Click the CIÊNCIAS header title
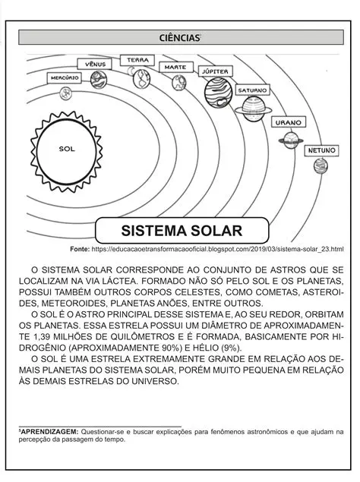tap(180, 37)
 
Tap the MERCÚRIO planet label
tap(65, 78)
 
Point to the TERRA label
tap(138, 60)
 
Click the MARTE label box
tap(175, 67)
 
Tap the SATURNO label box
tap(252, 90)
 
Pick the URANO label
tap(289, 121)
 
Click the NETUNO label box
tap(321, 151)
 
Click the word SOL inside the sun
tap(67, 149)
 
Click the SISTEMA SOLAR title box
tap(182, 230)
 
